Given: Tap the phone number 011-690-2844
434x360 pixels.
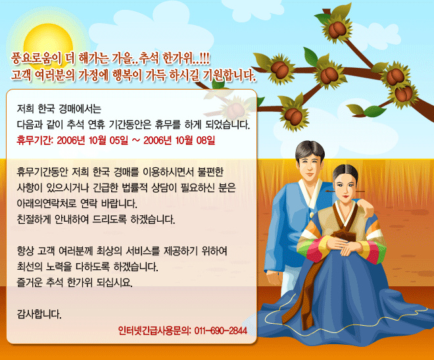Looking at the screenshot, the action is coord(220,330).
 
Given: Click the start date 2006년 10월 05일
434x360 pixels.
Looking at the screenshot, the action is coord(93,140).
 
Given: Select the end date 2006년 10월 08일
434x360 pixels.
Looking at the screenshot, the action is coord(179,140).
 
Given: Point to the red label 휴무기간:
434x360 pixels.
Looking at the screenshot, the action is coord(35,140).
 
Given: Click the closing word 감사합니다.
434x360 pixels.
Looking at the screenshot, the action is coord(39,315).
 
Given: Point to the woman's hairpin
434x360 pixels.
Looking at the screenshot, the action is coord(345,192).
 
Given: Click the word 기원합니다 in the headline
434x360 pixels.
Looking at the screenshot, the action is coord(229,75).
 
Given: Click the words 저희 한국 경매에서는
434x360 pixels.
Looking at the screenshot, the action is coord(59,109).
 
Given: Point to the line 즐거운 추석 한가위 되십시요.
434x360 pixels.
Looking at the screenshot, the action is coord(75,282).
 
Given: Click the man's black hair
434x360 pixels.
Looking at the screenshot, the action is coord(310,150).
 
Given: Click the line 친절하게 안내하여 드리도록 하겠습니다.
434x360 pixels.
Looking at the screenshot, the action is coord(96,219).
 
